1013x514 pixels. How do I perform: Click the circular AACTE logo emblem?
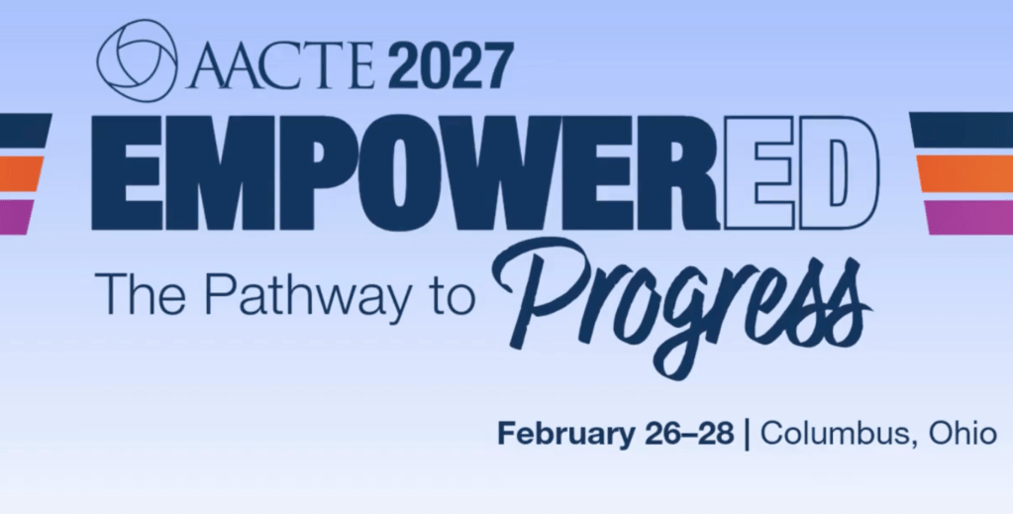[137, 60]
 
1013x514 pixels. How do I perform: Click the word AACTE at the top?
[281, 66]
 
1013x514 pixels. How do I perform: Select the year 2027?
[451, 66]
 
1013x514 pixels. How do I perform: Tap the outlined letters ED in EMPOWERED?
[802, 172]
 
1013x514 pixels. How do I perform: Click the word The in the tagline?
[140, 293]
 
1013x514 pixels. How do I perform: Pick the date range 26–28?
[689, 433]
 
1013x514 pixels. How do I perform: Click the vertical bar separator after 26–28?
[748, 434]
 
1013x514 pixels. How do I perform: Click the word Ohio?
[962, 432]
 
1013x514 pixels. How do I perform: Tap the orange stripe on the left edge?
[21, 174]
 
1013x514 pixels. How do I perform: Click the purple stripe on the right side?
[969, 217]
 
